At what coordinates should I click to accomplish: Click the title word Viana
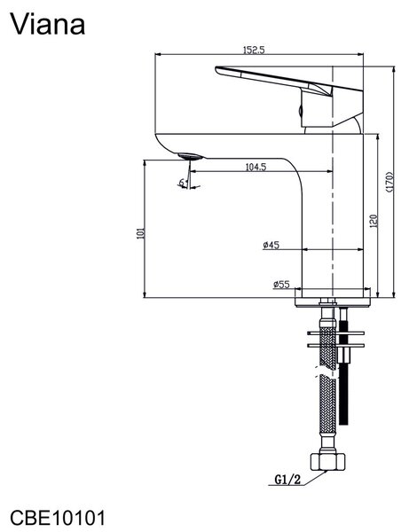48,24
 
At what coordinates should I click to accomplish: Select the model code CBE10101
58,518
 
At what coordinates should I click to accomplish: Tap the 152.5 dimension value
254,50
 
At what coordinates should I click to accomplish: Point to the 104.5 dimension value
256,167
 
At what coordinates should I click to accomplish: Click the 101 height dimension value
140,233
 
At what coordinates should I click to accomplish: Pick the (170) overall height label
389,182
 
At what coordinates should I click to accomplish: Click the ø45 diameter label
271,245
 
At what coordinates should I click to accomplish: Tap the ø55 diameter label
281,285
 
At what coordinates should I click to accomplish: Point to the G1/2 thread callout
287,480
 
